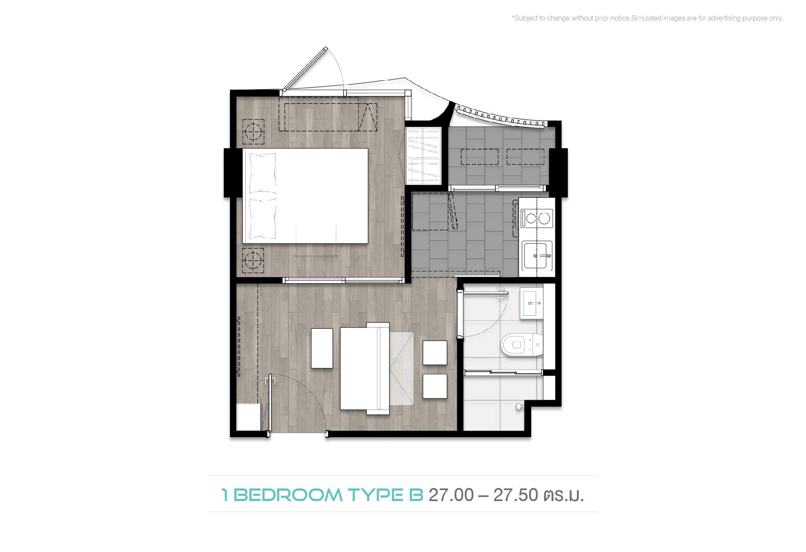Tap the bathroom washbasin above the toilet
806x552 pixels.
(x=531, y=303)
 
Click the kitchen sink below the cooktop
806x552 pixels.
(x=537, y=255)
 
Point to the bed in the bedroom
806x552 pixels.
(x=305, y=196)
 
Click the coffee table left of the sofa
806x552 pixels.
(x=322, y=348)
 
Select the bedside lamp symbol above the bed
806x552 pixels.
(x=253, y=132)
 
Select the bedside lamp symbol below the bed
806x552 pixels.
(x=253, y=260)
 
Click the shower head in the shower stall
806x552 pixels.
(x=519, y=406)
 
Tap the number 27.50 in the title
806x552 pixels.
(x=517, y=495)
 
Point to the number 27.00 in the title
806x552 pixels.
(x=451, y=495)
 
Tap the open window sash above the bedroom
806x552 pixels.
(x=305, y=68)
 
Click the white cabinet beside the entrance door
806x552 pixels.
(x=249, y=417)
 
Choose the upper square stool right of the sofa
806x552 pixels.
(x=435, y=353)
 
